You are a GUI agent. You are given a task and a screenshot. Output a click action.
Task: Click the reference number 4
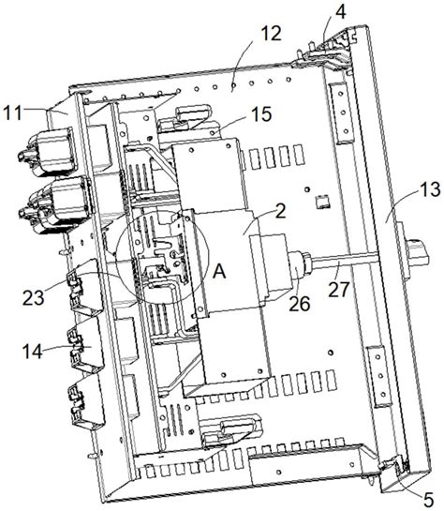click(340, 12)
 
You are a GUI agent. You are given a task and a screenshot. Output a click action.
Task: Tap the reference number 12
click(271, 33)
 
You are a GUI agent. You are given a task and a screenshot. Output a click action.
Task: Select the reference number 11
click(12, 113)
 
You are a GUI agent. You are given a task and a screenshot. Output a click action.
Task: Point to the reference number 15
click(261, 114)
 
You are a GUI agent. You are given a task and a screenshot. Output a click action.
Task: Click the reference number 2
click(280, 211)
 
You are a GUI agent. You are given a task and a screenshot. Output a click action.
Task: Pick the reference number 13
click(430, 189)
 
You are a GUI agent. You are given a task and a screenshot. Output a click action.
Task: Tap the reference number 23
click(33, 298)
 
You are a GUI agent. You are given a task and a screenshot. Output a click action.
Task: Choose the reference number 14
click(32, 352)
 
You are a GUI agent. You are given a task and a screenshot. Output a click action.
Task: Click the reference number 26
click(300, 304)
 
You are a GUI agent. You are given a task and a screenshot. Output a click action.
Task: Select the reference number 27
click(338, 290)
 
